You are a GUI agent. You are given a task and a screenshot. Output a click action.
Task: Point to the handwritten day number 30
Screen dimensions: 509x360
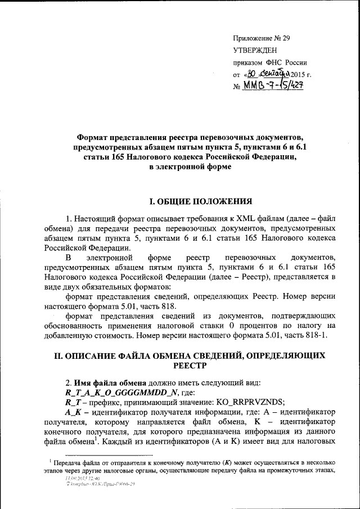click(x=252, y=74)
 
